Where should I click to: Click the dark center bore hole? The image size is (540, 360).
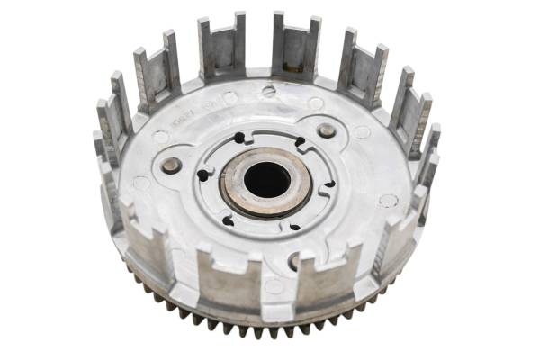266,180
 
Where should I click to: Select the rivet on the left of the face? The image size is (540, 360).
171,165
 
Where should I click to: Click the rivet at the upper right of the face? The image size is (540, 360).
327,131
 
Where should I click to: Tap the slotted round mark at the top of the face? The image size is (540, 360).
268,91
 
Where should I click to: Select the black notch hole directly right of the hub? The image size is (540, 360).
328,184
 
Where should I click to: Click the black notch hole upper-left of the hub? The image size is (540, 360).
239,139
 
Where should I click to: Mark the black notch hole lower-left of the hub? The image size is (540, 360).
228,220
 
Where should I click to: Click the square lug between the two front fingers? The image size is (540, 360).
274,288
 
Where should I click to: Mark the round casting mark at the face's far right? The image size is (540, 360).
388,200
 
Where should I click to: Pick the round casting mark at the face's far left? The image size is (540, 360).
141,184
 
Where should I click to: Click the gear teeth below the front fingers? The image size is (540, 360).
270,331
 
